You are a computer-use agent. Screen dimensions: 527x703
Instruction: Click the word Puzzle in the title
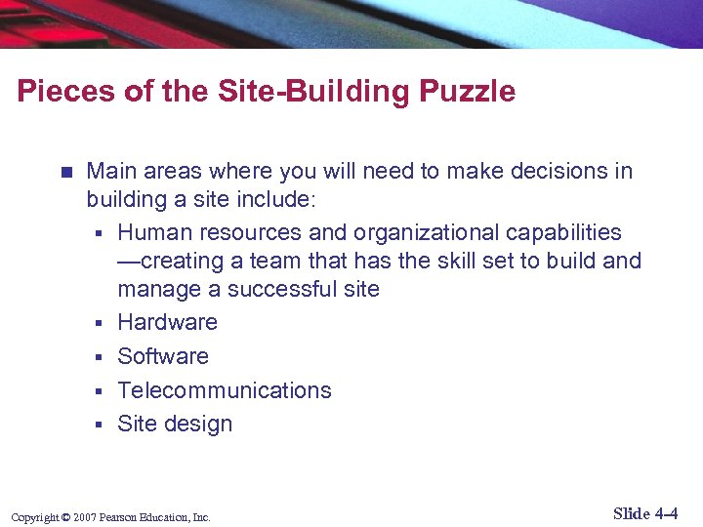(x=468, y=92)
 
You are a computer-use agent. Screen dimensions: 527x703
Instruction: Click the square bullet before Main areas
(x=65, y=173)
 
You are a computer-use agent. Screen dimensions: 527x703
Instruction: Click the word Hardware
(x=167, y=322)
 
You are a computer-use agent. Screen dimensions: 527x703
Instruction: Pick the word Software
(x=163, y=356)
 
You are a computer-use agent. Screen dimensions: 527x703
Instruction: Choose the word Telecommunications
(x=225, y=390)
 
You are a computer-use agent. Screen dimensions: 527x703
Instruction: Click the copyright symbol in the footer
(x=64, y=517)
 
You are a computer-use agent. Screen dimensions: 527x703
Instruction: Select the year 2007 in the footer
(x=84, y=517)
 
